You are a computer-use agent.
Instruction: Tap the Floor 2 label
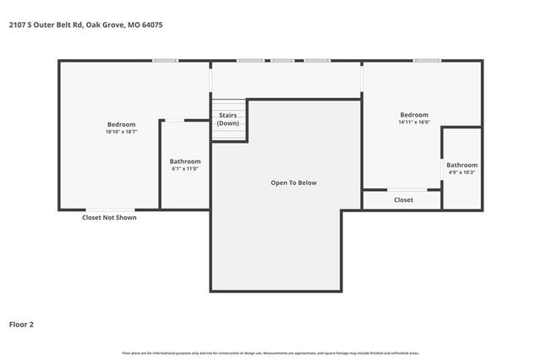point(22,324)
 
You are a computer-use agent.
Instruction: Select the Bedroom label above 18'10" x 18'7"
point(121,124)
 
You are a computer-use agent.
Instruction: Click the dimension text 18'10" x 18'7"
point(121,132)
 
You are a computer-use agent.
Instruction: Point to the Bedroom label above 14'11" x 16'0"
point(414,115)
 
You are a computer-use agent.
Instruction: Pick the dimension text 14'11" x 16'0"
point(414,123)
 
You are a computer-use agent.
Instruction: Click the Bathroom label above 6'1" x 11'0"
point(185,161)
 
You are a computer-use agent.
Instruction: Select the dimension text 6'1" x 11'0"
point(185,169)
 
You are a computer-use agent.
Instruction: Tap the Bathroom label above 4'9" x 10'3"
point(462,165)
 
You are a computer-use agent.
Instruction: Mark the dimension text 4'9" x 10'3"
point(462,172)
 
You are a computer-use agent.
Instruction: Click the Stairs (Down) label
point(228,119)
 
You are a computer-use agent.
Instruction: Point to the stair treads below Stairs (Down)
point(229,135)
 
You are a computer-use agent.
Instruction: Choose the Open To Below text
point(293,183)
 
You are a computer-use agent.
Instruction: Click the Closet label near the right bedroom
point(403,200)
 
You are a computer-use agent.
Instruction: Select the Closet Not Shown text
point(109,217)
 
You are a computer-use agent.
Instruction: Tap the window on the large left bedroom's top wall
point(165,60)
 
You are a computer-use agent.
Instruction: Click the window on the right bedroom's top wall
point(427,60)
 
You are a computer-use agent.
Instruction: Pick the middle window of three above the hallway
point(282,60)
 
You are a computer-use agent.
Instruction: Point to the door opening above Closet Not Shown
point(109,209)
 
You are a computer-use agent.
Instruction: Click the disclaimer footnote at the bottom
point(270,352)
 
